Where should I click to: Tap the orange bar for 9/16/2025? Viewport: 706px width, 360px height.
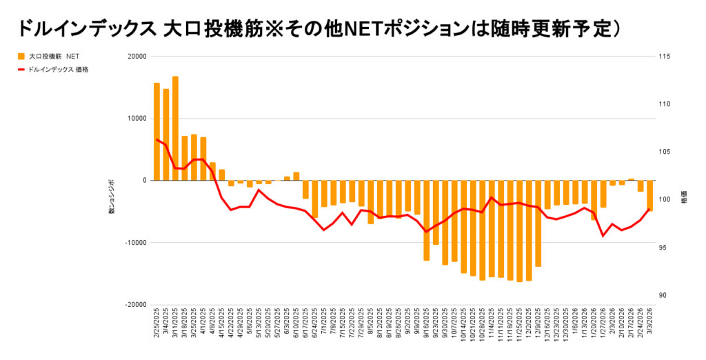coord(427,220)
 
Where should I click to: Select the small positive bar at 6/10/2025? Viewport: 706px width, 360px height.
coord(296,177)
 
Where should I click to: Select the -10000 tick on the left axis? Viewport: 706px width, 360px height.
coord(134,242)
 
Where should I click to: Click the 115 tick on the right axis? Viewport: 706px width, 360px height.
coord(666,57)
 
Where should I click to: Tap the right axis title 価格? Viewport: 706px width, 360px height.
coord(684,197)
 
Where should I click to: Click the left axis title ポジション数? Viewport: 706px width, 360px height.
coord(111,196)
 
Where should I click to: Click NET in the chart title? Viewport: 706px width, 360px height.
coord(365,28)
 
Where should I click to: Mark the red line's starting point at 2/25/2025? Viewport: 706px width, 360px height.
coord(157,139)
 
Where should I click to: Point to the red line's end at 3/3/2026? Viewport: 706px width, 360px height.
coord(649,209)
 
